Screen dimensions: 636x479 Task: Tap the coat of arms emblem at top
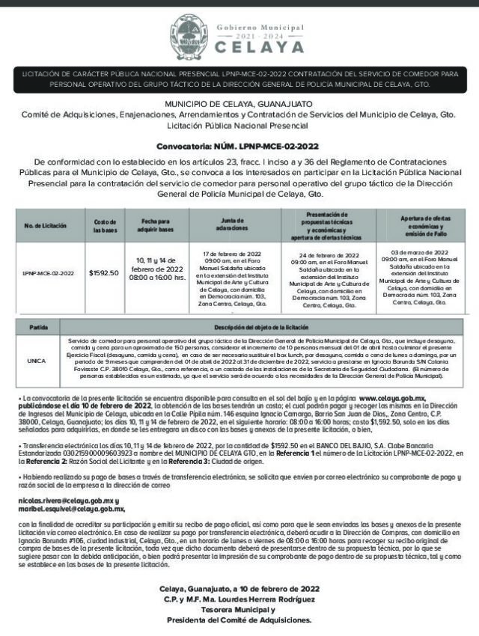(x=187, y=32)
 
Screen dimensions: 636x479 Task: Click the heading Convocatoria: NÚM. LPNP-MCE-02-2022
(x=239, y=147)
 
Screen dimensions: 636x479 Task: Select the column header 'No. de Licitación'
(x=46, y=225)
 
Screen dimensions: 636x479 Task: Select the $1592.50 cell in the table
(x=104, y=273)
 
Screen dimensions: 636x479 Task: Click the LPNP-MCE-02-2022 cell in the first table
(x=46, y=274)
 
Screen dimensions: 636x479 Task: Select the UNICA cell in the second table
(x=37, y=360)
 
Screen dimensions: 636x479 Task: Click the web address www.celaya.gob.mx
(x=392, y=399)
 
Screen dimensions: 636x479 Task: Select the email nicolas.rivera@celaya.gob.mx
(x=67, y=500)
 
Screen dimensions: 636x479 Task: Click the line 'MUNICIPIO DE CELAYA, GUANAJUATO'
(x=239, y=103)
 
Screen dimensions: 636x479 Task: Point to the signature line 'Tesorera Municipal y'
(x=239, y=609)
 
